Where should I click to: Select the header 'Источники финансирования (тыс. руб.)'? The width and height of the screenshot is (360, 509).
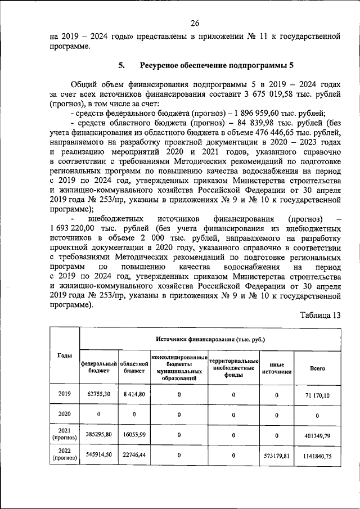pos(210,340)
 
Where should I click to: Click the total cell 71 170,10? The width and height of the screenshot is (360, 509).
pos(317,395)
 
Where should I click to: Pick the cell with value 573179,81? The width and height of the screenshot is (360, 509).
pos(277,456)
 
